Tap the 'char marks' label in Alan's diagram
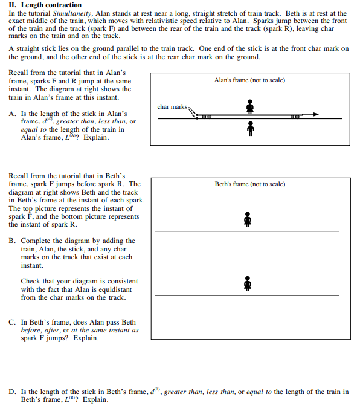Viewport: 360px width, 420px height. [172, 107]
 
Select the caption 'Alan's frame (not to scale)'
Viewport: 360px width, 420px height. [249, 80]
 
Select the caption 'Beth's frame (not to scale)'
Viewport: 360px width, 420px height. [249, 184]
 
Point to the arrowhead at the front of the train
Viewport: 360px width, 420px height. [314, 115]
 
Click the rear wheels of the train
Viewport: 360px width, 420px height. [207, 117]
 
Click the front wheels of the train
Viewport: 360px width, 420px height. [294, 117]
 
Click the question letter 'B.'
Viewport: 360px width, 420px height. [13, 241]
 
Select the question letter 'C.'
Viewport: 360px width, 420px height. [13, 323]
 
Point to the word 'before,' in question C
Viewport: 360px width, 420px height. [34, 331]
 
